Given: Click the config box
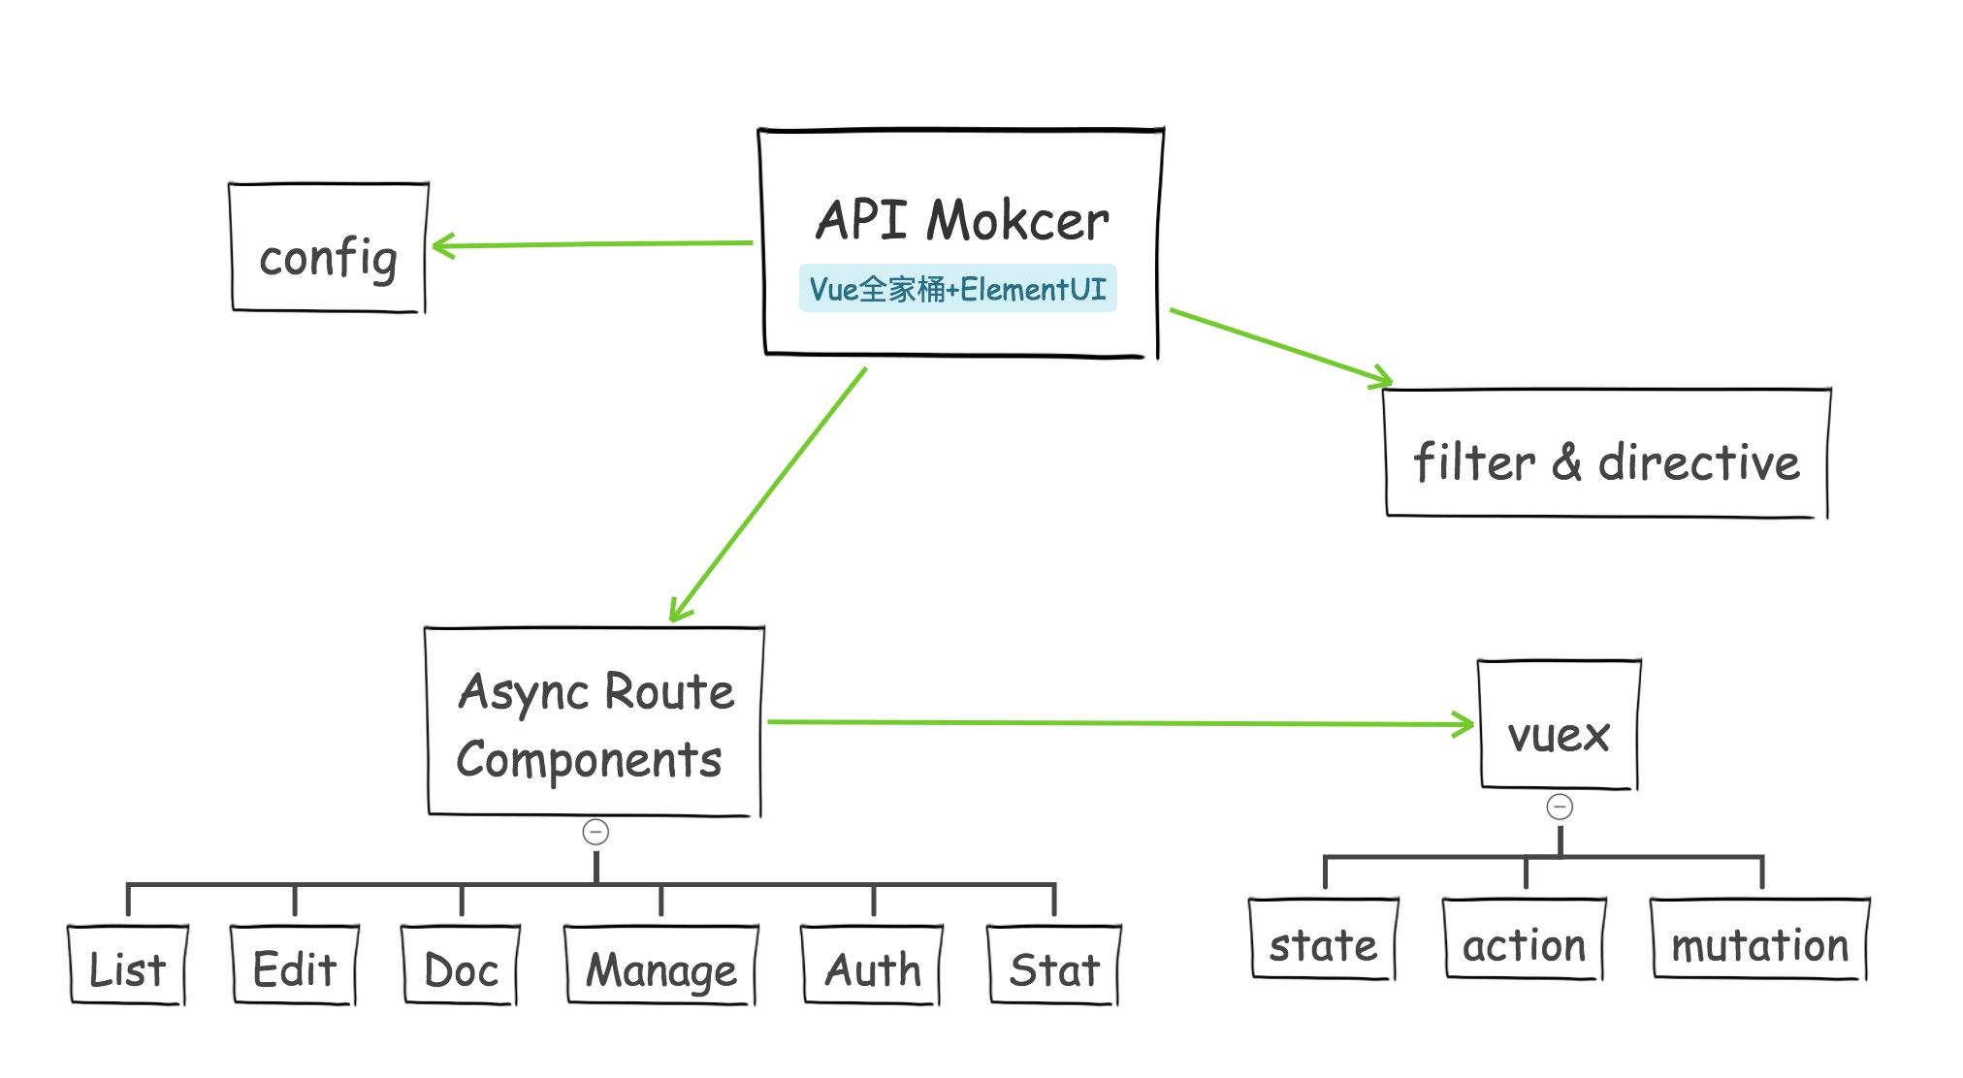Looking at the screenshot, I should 328,248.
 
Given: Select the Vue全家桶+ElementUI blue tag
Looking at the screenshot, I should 957,289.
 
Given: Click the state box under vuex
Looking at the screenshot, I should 1323,939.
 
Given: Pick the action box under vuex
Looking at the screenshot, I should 1524,939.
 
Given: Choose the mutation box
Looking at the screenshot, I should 1759,939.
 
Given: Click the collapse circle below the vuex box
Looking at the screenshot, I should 1560,807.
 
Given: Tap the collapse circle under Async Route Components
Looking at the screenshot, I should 595,832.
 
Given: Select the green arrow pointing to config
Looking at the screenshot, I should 592,244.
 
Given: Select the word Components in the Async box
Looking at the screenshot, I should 589,760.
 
